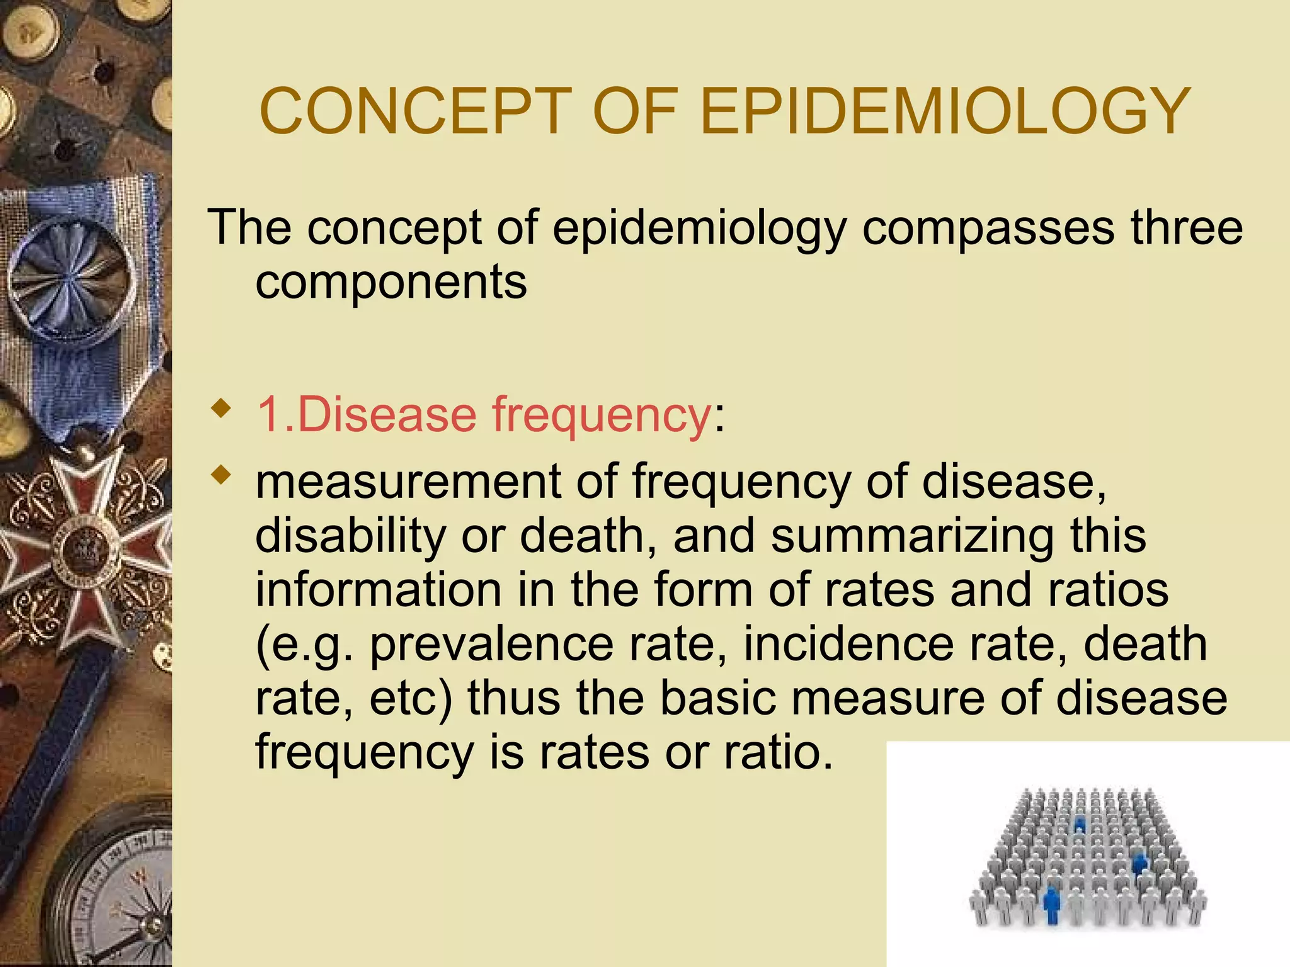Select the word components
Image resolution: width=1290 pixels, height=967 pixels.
pos(391,283)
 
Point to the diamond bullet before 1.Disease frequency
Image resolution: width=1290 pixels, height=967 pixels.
pos(220,410)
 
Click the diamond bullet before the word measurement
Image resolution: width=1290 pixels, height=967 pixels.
pos(220,475)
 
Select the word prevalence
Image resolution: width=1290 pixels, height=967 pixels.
pos(491,645)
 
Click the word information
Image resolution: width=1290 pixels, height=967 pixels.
pos(379,590)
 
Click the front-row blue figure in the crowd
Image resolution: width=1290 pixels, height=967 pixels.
pos(1051,903)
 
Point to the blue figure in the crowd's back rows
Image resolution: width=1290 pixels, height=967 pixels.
pos(1080,823)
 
